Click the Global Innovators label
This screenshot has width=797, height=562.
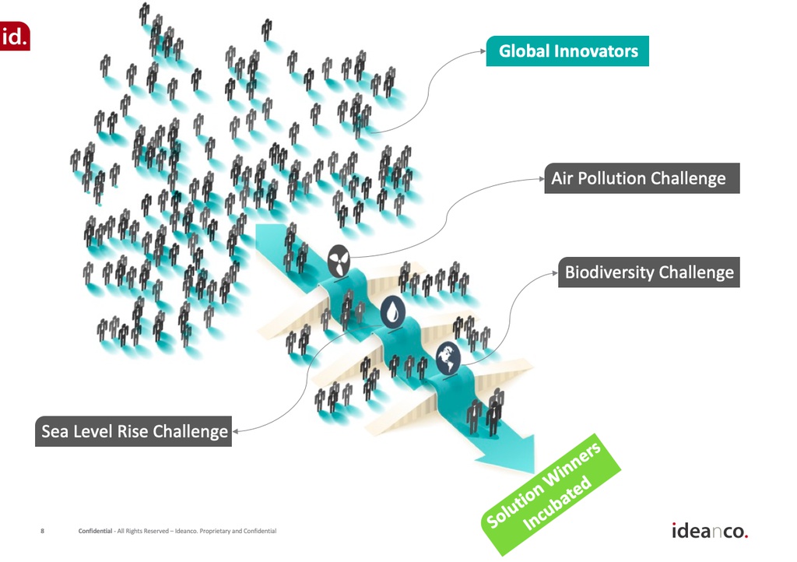[x=567, y=51]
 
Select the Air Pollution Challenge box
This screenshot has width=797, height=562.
[x=642, y=178]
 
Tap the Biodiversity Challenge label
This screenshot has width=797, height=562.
[x=649, y=272]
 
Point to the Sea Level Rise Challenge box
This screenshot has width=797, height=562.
[x=133, y=431]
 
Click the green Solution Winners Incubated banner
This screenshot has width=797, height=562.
[x=550, y=495]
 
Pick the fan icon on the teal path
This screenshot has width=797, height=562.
[x=339, y=261]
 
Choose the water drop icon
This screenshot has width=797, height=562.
[x=392, y=312]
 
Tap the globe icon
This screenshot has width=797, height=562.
[x=448, y=358]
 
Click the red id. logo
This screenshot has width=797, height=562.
[x=14, y=36]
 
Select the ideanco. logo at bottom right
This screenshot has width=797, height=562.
[x=710, y=531]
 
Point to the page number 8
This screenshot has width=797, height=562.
[x=42, y=531]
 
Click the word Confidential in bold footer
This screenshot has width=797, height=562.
[x=95, y=531]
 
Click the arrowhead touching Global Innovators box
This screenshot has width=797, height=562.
[x=483, y=51]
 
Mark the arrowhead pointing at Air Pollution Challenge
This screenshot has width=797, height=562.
[x=542, y=178]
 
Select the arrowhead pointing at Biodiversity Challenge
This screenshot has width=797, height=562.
[x=555, y=273]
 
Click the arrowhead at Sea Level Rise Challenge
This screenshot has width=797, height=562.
[x=235, y=431]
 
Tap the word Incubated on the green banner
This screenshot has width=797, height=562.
[x=557, y=504]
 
